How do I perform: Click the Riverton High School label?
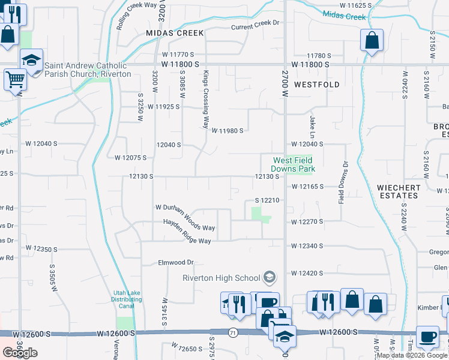[221, 277]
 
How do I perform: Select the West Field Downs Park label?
[294, 164]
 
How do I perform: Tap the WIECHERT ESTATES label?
[397, 191]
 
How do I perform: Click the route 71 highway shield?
[232, 332]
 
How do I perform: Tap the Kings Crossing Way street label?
[205, 100]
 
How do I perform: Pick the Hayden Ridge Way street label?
[188, 241]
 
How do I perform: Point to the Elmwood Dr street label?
[176, 262]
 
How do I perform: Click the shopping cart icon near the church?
[15, 79]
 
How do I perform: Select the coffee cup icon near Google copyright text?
[428, 337]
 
